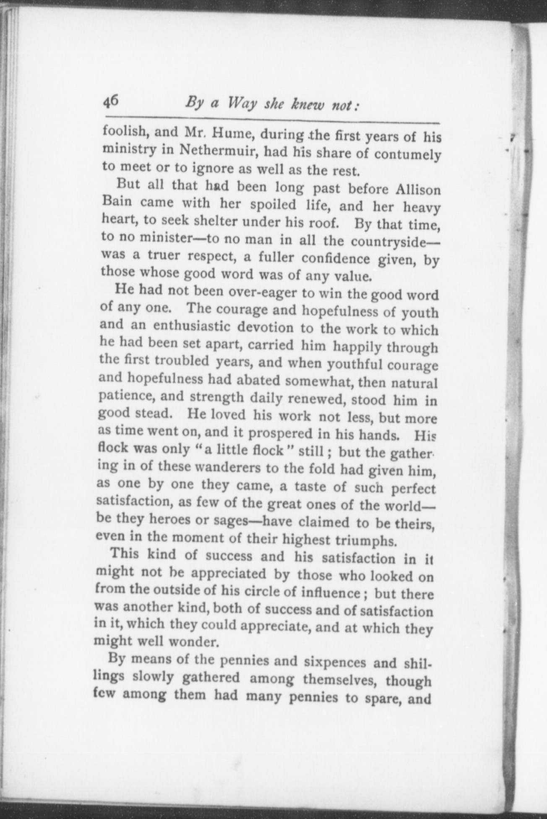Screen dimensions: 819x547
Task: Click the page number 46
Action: coord(112,102)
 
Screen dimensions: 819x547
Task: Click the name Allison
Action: coord(418,190)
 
